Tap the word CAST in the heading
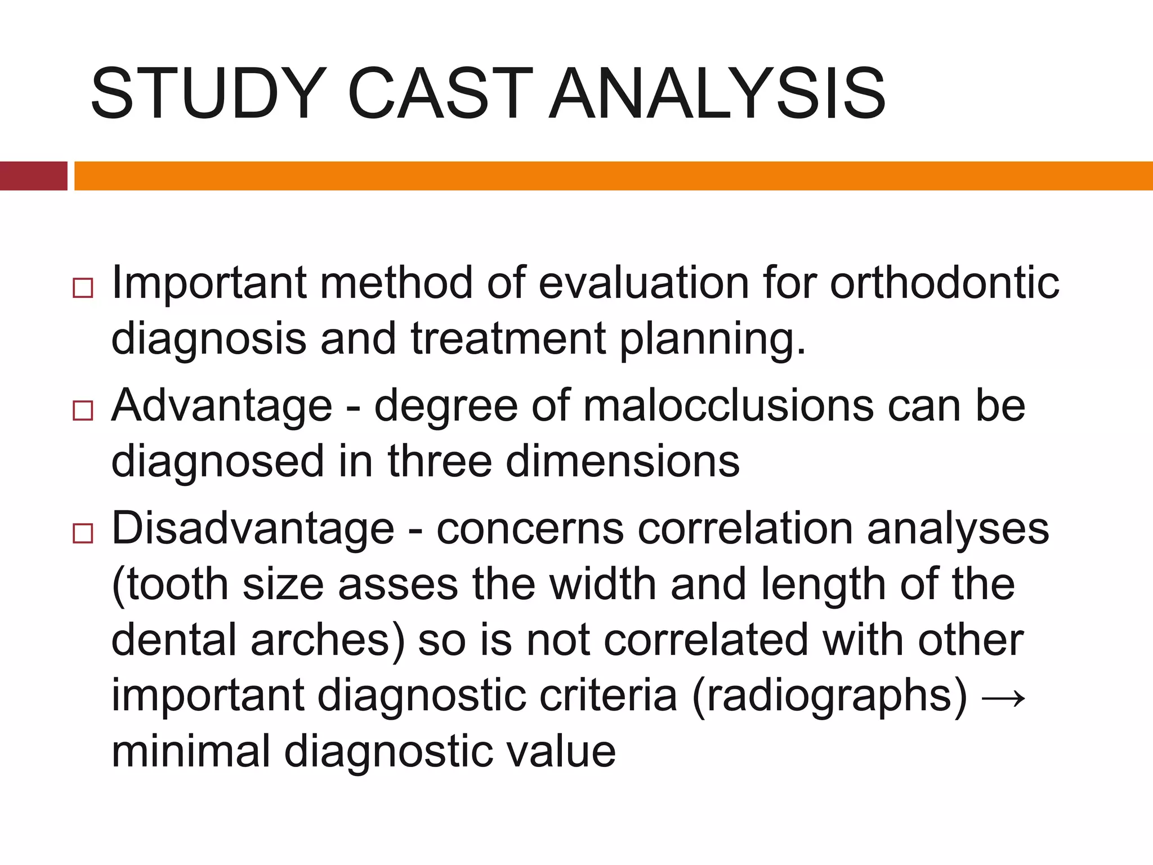[x=440, y=93]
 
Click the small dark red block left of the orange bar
[x=33, y=176]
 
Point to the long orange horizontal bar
[x=613, y=176]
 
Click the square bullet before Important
[x=83, y=288]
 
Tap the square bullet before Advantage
[x=83, y=411]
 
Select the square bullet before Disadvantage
[x=83, y=533]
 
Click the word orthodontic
[x=945, y=283]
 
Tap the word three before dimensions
[x=440, y=462]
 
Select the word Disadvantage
[x=253, y=528]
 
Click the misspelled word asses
[x=398, y=585]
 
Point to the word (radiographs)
[x=830, y=696]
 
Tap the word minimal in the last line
[x=191, y=752]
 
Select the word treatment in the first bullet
[x=508, y=339]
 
